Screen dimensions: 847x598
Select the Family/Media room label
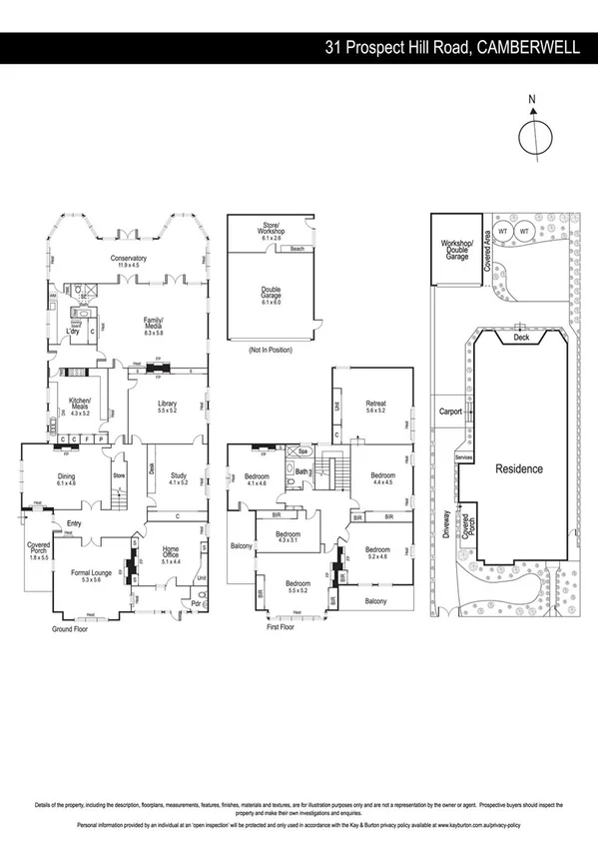click(x=154, y=323)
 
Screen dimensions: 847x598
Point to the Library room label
click(x=167, y=405)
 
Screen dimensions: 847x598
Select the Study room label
click(x=179, y=477)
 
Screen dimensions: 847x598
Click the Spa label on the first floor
click(x=302, y=451)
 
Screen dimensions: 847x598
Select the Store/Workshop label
click(x=272, y=228)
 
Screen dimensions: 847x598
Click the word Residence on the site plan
click(x=519, y=468)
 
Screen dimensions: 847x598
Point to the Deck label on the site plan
click(x=520, y=339)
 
